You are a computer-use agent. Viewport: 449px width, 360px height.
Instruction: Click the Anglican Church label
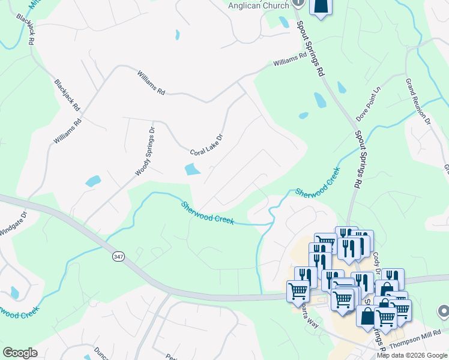[x=258, y=5]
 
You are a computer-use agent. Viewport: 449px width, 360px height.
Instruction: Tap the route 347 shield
[x=118, y=256]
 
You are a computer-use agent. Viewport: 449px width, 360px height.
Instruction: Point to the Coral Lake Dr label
[x=206, y=145]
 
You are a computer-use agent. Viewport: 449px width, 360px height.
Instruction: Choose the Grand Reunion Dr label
[x=418, y=101]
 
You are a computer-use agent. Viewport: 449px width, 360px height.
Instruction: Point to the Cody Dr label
[x=377, y=262]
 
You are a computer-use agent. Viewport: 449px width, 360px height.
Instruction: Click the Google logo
[x=20, y=353]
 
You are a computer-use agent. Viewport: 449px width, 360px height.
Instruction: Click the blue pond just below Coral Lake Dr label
[x=192, y=170]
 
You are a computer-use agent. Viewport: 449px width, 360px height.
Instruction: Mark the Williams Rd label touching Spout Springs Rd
[x=290, y=59]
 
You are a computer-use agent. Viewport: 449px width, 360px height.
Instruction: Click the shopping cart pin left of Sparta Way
[x=297, y=291]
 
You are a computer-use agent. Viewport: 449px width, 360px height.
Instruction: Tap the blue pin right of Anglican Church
[x=321, y=6]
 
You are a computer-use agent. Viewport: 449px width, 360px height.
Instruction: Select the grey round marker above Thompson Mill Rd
[x=444, y=311]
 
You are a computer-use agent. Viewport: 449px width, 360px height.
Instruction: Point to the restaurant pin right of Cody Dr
[x=392, y=278]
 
